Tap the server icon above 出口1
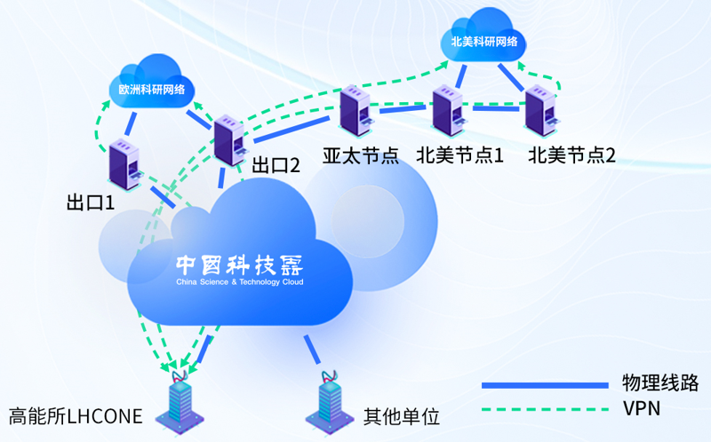(124, 165)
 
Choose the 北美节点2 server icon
(541, 114)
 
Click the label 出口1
(91, 202)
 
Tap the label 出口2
(276, 164)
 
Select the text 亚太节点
(360, 155)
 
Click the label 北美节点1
(459, 155)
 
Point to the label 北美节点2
(571, 155)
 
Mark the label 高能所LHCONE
(76, 415)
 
